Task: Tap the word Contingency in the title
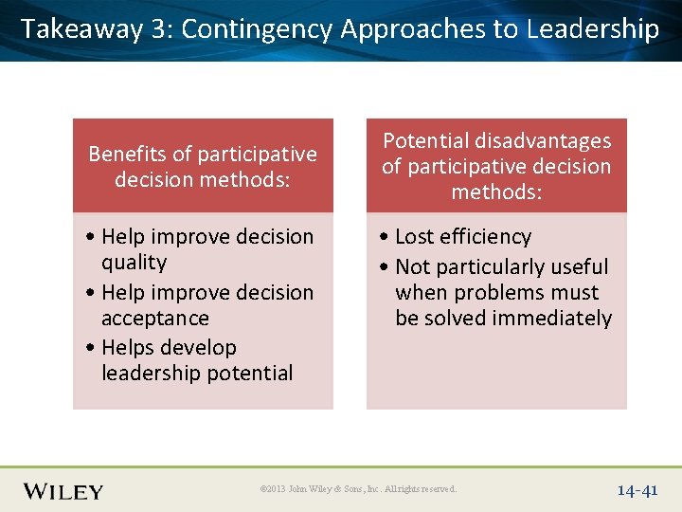point(257,29)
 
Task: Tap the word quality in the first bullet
point(134,263)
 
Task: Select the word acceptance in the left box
point(155,319)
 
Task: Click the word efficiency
point(489,236)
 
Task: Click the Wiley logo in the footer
point(63,491)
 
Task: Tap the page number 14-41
point(637,491)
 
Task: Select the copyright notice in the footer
point(358,489)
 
